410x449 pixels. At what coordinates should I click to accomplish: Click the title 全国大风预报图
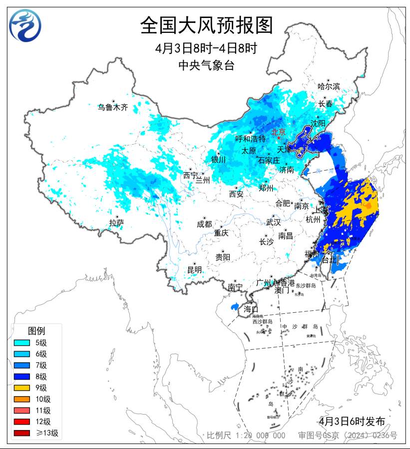pos(206,25)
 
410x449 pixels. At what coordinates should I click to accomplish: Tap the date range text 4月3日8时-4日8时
pos(206,49)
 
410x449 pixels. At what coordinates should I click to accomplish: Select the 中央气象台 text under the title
pos(206,65)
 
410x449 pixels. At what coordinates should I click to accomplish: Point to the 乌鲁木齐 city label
pos(113,107)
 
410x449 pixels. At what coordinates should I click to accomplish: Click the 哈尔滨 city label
pos(329,86)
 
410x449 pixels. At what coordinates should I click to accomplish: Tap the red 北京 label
pos(278,132)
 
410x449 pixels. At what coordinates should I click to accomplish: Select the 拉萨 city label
pos(116,223)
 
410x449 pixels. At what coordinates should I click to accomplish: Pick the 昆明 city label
pos(194,269)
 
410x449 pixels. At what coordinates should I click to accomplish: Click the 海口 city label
pos(251,309)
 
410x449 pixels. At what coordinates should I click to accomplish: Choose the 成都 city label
pos(204,224)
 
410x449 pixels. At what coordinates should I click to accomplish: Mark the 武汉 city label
pos(273,222)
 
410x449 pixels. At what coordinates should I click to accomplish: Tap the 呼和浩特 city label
pos(250,139)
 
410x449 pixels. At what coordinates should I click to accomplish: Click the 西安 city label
pos(236,194)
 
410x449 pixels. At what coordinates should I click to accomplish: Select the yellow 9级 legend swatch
pos(23,388)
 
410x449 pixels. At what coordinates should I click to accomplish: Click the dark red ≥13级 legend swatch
pos(23,433)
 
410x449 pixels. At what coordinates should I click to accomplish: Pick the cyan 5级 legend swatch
pos(23,342)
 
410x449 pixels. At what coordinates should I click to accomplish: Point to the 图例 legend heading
pos(36,330)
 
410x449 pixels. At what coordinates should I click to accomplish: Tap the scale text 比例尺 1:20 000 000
pos(246,436)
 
